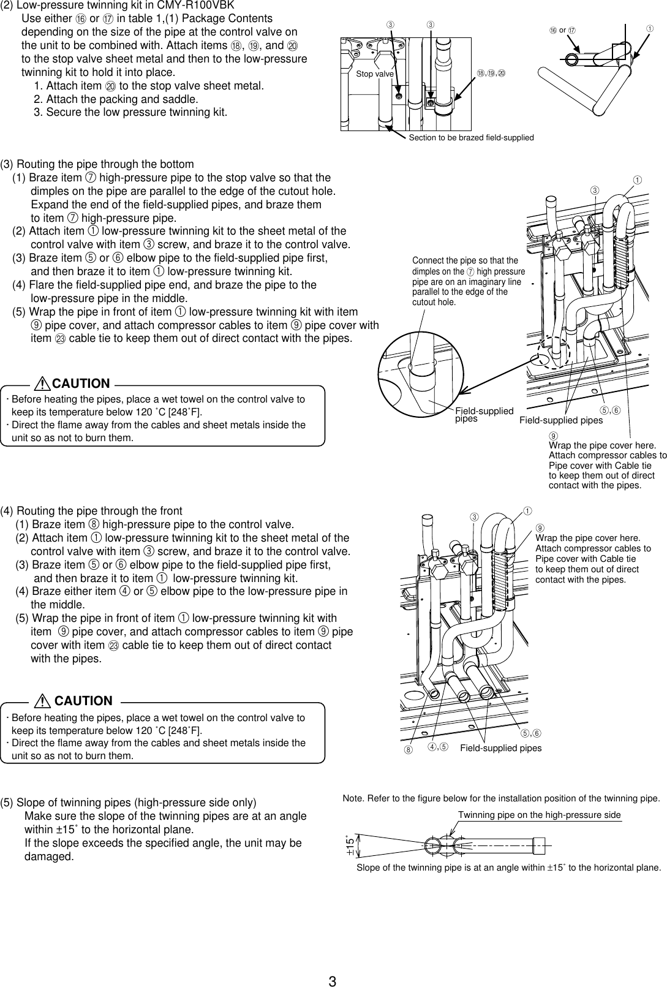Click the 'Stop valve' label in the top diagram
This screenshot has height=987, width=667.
pyautogui.click(x=375, y=74)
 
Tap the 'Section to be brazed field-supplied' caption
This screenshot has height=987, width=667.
pyautogui.click(x=471, y=138)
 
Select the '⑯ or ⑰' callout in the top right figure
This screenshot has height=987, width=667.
pyautogui.click(x=563, y=30)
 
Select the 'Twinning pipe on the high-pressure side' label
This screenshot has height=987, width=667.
pyautogui.click(x=539, y=815)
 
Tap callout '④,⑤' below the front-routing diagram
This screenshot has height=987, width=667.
pyautogui.click(x=438, y=747)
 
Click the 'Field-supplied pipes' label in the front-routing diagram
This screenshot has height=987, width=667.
pyautogui.click(x=500, y=748)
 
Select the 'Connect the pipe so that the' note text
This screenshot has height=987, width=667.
pyautogui.click(x=465, y=261)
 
